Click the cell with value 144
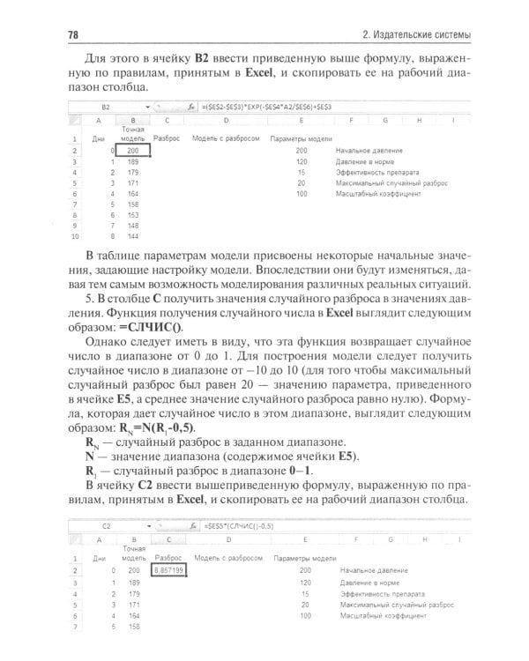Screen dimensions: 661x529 [133, 236]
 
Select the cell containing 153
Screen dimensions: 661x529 [133, 213]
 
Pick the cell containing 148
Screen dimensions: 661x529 [133, 225]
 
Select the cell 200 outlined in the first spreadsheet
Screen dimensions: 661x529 [133, 150]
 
